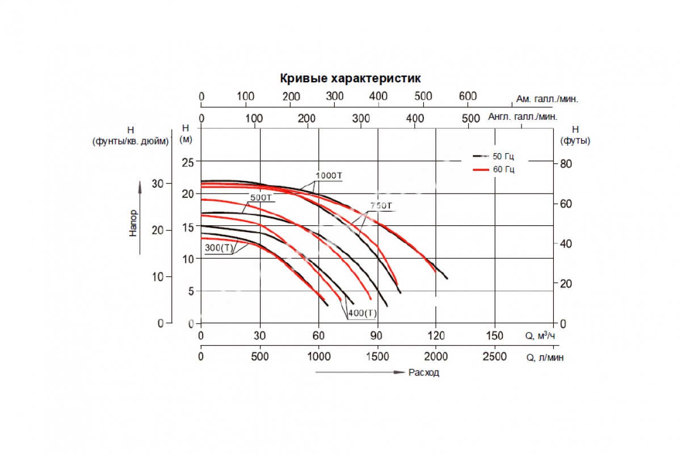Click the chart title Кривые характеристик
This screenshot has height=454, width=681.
[x=350, y=78]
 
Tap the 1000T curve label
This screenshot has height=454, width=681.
[x=329, y=175]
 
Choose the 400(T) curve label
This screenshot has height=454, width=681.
[x=363, y=313]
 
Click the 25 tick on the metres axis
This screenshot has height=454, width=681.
[x=187, y=163]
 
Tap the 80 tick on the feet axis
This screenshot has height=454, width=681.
[x=563, y=163]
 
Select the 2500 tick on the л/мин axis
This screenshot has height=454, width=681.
[x=495, y=357]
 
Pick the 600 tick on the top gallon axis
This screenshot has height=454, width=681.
[x=468, y=96]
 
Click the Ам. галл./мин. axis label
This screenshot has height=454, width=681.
[x=547, y=99]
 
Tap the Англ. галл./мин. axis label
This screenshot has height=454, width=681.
[x=523, y=117]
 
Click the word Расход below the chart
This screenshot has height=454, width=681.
[x=423, y=373]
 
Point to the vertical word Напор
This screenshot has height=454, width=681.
[x=133, y=223]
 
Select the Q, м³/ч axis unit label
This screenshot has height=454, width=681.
[x=540, y=336]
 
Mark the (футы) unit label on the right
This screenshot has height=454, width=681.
[x=575, y=141]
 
